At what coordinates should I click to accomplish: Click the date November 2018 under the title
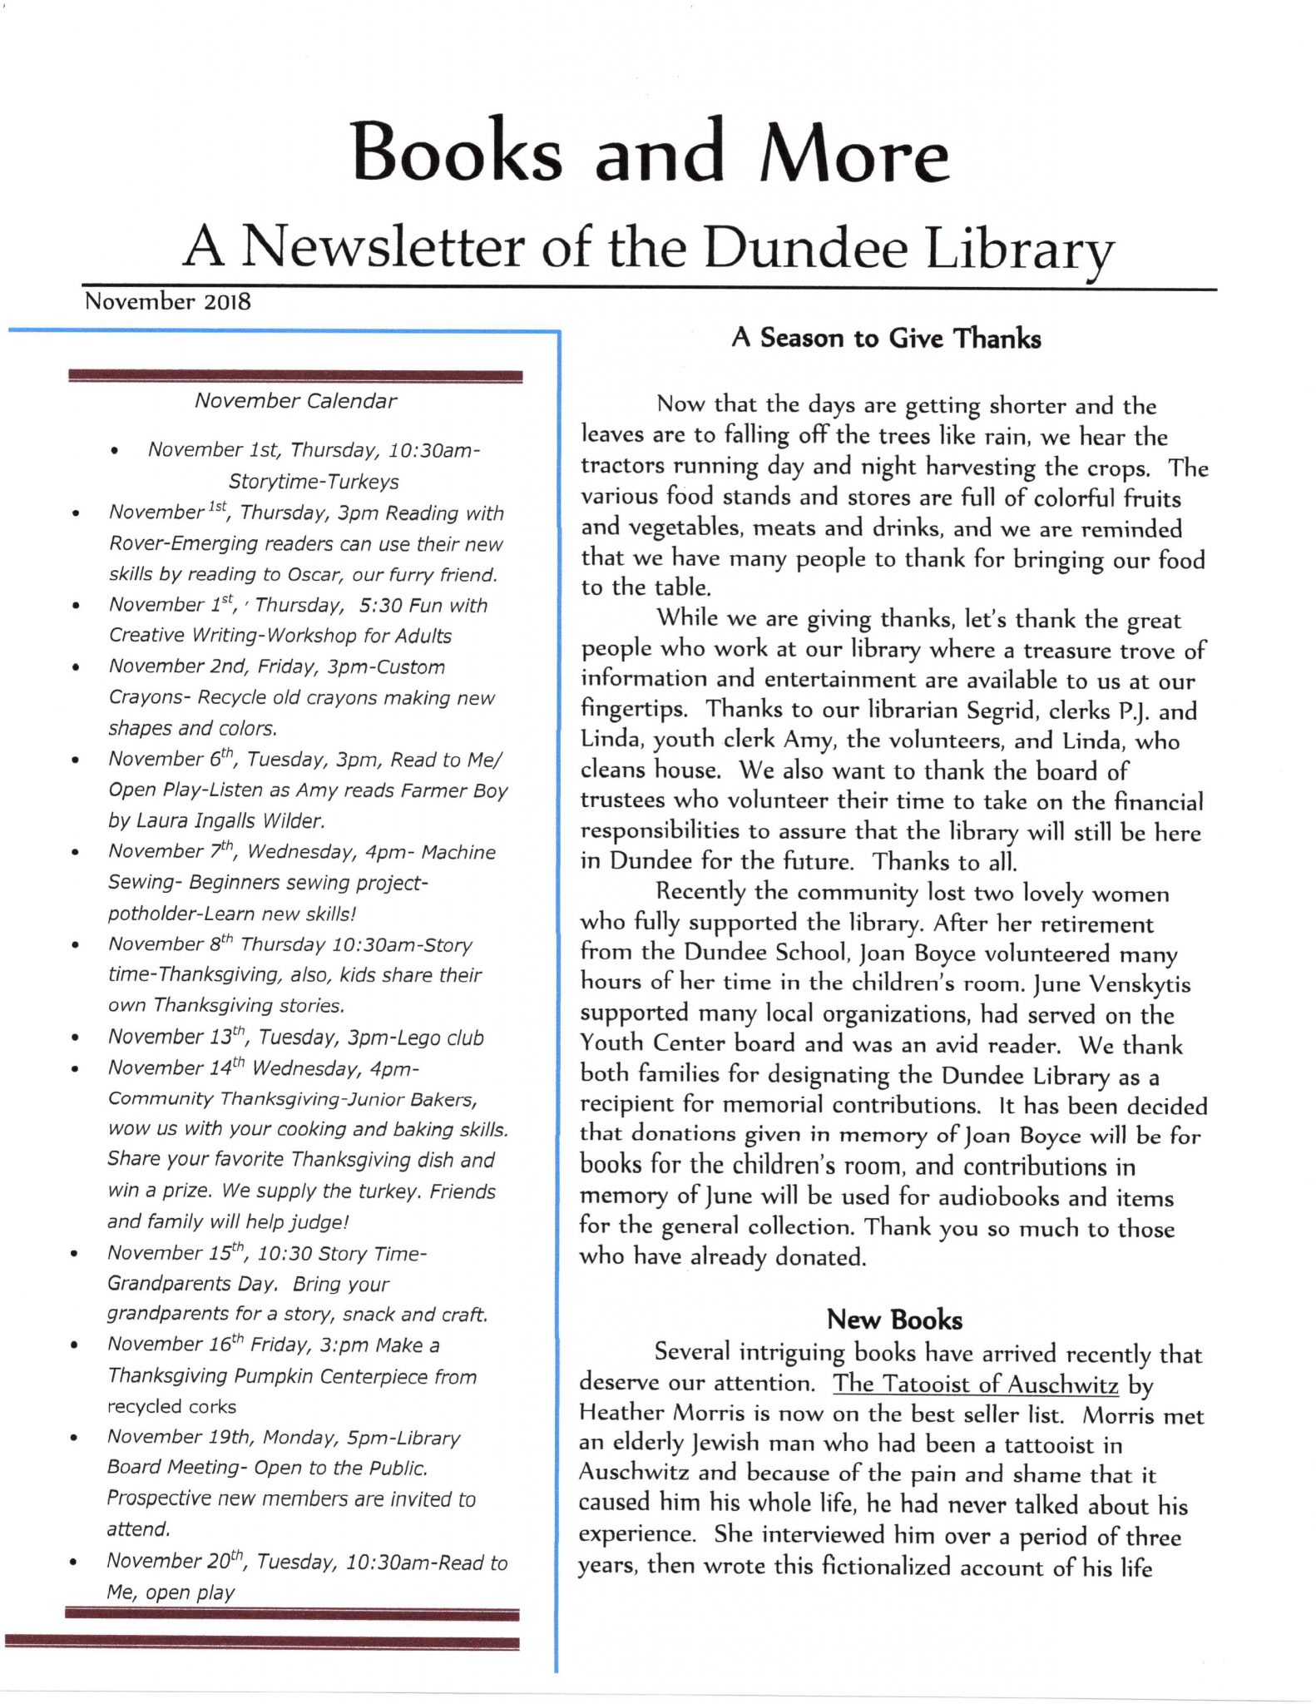pyautogui.click(x=167, y=301)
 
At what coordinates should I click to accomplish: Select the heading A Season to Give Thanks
pyautogui.click(x=886, y=339)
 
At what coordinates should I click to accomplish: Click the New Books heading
pyautogui.click(x=894, y=1320)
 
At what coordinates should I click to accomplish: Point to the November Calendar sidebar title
pyautogui.click(x=295, y=401)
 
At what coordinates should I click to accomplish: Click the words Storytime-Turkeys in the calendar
pyautogui.click(x=314, y=482)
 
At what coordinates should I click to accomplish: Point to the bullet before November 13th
pyautogui.click(x=76, y=1038)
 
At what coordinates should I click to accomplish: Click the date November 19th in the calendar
pyautogui.click(x=159, y=1438)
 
